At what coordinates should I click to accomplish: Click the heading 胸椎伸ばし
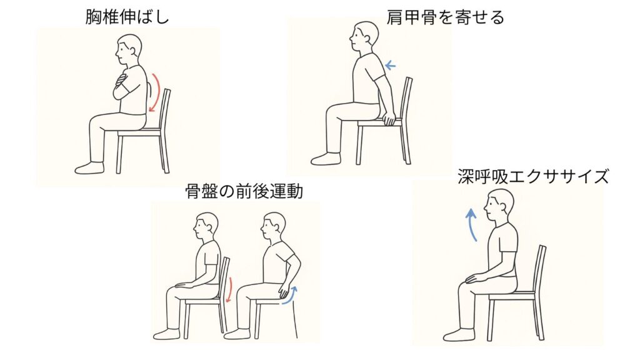point(127,17)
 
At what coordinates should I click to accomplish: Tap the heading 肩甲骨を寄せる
point(445,17)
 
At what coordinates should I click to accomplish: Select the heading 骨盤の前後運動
point(244,191)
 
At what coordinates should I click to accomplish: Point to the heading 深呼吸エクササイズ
point(533,177)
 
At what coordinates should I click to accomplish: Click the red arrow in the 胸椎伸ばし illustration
point(156,92)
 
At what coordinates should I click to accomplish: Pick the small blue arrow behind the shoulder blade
point(390,64)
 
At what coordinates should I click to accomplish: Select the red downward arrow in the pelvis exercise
point(230,290)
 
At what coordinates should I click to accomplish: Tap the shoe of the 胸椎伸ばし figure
point(89,168)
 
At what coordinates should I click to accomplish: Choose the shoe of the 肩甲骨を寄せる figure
point(326,159)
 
